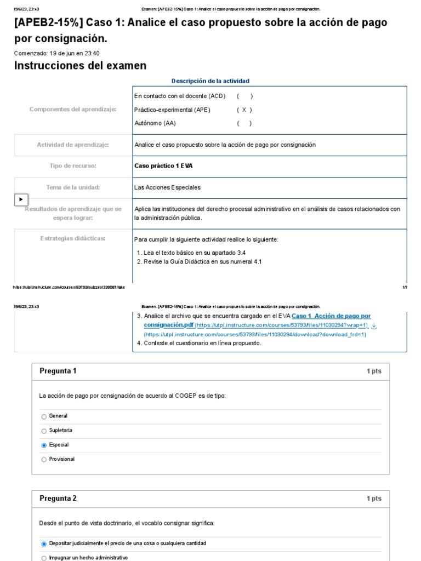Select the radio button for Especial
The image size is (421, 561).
coord(44,445)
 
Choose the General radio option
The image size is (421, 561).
coord(44,417)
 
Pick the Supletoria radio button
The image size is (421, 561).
coord(44,431)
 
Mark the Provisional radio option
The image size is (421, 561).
coord(44,460)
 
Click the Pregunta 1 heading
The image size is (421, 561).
coord(58,371)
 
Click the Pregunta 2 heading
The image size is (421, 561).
coord(58,499)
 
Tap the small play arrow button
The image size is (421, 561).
coord(21,199)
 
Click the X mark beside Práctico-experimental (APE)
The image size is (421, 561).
coord(244,110)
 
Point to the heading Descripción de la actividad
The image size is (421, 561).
coord(210,81)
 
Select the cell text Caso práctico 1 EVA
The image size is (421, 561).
coord(163,166)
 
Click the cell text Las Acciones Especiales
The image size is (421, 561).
coord(167,187)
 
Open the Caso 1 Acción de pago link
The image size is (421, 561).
coord(331,316)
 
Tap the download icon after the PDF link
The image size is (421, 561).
coord(374,325)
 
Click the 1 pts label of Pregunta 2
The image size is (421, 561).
coord(374,499)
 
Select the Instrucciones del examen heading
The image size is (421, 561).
coord(80,66)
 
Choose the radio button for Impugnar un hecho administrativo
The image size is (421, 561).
coord(44,558)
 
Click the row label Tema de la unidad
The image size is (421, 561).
coord(73,187)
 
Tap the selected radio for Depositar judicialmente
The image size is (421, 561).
coord(44,544)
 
